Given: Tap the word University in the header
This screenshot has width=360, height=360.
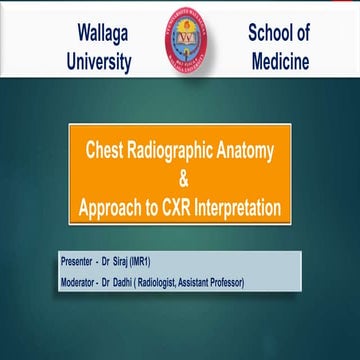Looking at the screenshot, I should [96, 62].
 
